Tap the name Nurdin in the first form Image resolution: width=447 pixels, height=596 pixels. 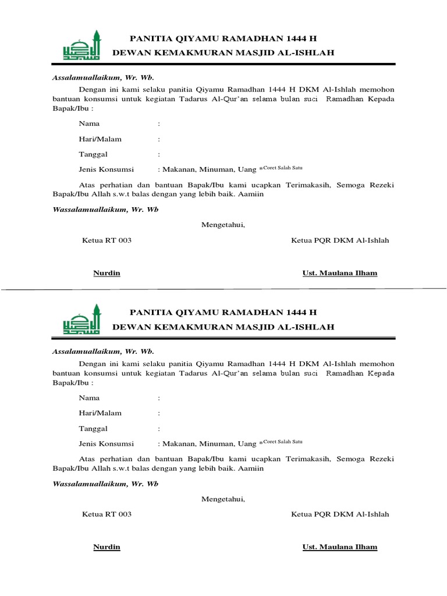coord(107,273)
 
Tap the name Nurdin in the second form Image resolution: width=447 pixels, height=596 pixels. coord(107,547)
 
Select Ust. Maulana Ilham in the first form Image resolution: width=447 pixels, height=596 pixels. coord(340,273)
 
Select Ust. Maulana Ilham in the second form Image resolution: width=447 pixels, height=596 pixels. coord(340,547)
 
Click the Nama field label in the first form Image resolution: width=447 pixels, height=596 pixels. coord(89,124)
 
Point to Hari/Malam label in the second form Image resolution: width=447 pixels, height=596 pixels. coord(100,413)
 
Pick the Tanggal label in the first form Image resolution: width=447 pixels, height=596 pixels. coord(93,155)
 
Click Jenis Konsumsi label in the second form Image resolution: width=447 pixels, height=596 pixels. coord(106,444)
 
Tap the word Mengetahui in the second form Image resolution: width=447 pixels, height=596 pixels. coord(223,499)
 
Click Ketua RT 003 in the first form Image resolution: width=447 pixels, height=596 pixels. coord(107,240)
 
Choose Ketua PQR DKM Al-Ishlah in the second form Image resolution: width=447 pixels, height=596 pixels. coord(340,515)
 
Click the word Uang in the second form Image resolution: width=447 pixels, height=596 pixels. coord(247,444)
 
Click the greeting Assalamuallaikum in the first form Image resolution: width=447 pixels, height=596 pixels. coord(86,77)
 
